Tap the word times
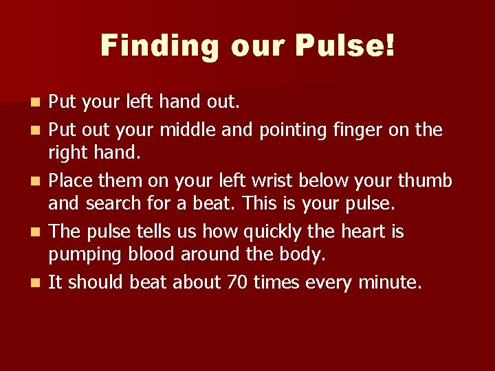coord(275,282)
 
